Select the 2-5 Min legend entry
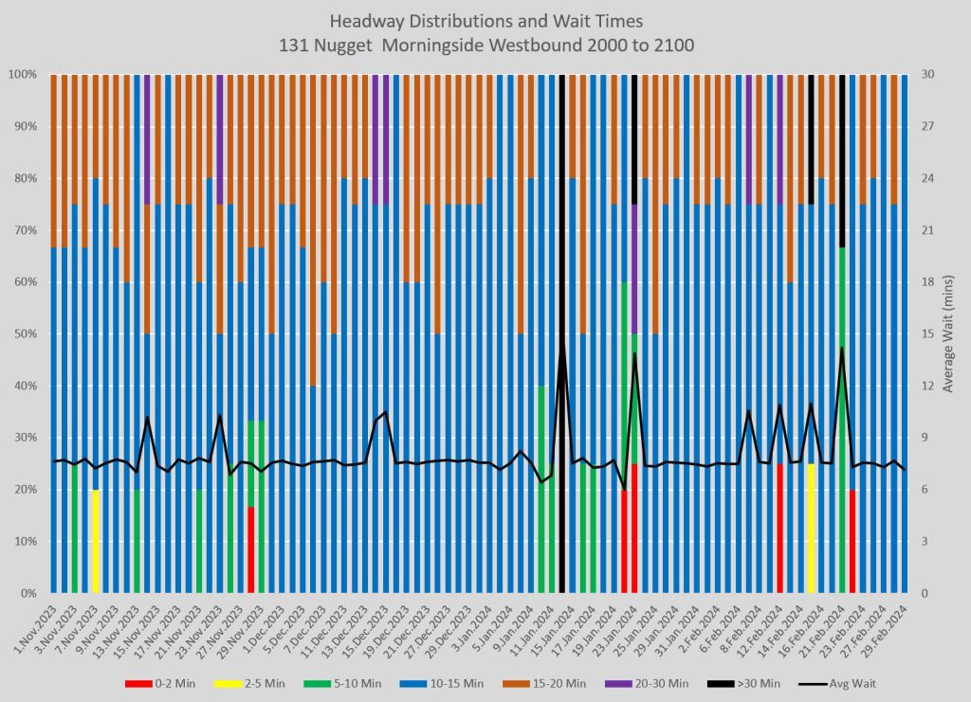click(x=256, y=683)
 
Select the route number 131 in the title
click(x=293, y=44)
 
